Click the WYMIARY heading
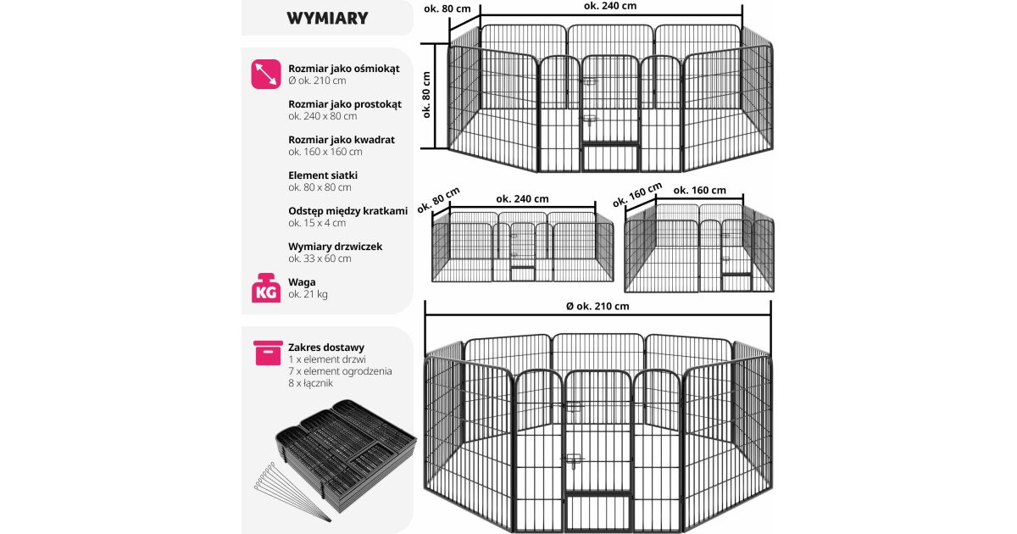point(327,18)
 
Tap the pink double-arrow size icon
point(266,74)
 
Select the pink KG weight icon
point(266,287)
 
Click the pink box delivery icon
point(268,353)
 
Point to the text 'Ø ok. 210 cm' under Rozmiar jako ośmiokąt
point(317,81)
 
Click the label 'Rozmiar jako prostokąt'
point(345,104)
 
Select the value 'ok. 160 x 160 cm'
point(325,152)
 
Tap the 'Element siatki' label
point(323,175)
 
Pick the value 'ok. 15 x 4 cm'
point(317,223)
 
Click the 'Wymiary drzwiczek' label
point(335,247)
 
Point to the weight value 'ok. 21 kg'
point(308,294)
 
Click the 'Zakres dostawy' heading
point(326,348)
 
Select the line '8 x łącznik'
point(310,383)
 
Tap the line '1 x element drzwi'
point(327,359)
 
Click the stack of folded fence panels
point(346,455)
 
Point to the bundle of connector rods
point(291,492)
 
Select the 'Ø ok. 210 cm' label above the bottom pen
point(597,307)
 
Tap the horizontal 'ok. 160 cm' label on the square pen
point(699,191)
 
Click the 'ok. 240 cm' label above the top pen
point(609,6)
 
